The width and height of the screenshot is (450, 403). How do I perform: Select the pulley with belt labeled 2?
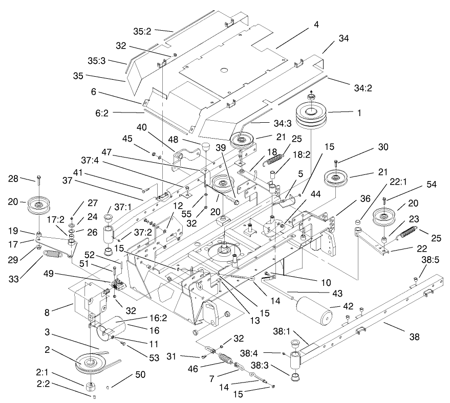pos(93,365)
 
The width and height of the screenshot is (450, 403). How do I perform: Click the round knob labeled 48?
pos(206,148)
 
